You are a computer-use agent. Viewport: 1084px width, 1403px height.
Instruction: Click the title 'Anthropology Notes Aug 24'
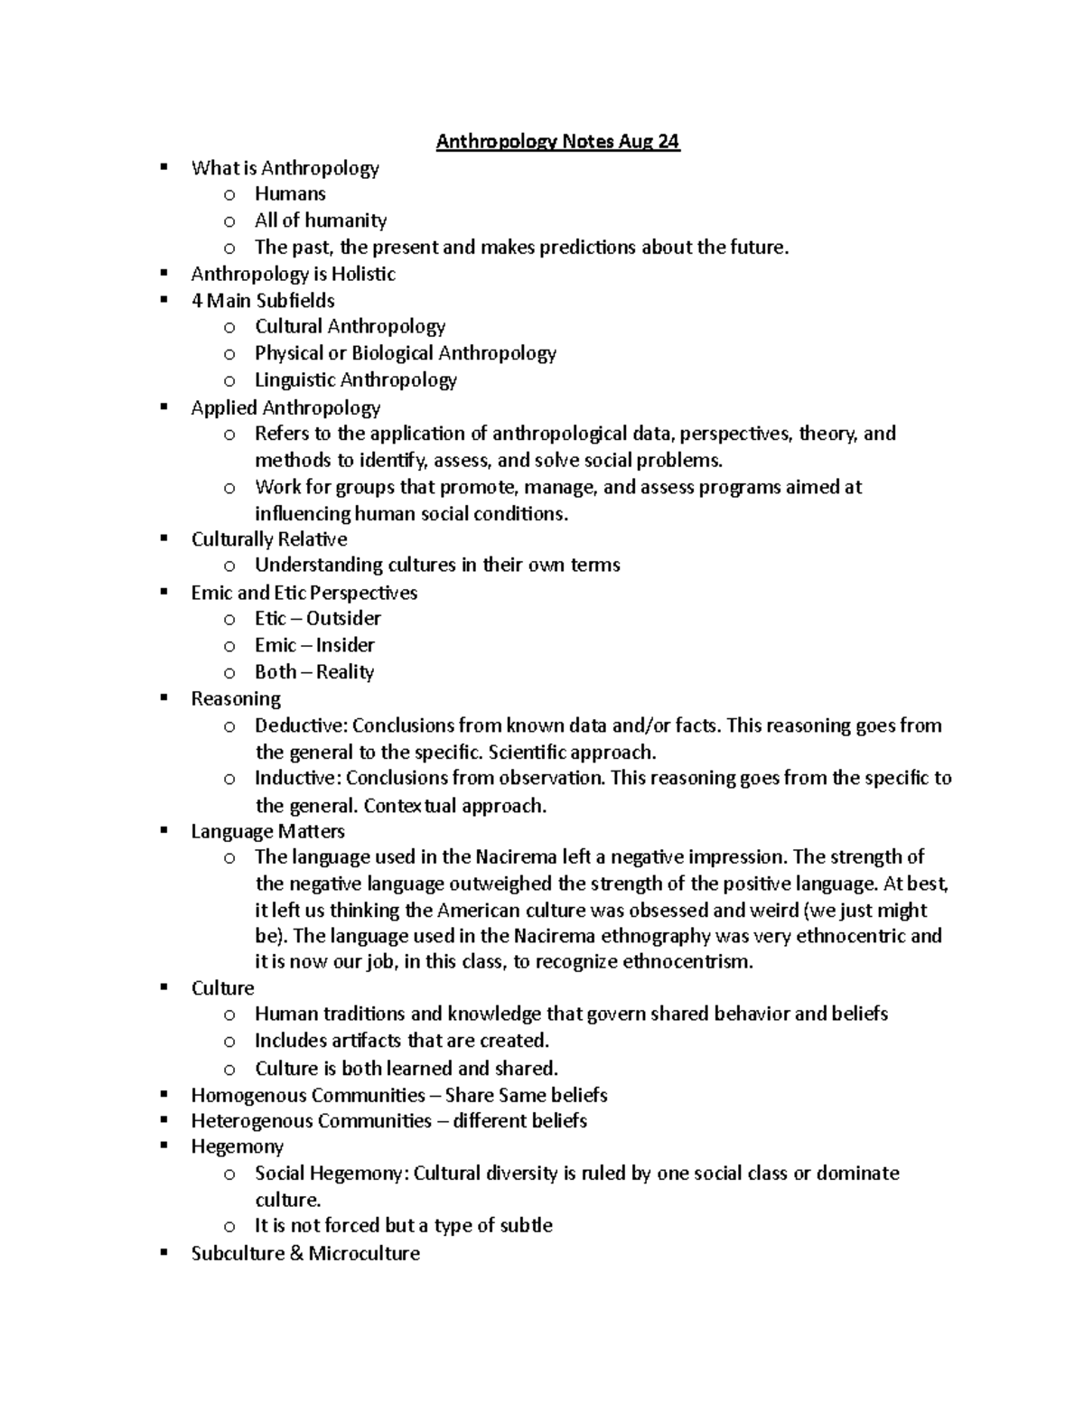[557, 142]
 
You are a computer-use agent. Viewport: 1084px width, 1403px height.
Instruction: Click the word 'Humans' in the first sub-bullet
[290, 194]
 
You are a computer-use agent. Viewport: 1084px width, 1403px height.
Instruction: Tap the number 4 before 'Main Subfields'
[196, 301]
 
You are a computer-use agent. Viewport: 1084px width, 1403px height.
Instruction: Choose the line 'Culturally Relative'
[268, 540]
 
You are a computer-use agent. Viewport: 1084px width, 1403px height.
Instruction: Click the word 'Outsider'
[343, 619]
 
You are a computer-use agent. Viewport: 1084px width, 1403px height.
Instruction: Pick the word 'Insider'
[345, 646]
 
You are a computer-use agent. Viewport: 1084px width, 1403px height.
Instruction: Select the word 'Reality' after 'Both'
[345, 672]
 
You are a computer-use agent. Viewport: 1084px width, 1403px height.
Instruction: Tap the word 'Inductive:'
[297, 779]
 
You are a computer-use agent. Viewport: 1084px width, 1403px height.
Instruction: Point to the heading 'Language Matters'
[267, 831]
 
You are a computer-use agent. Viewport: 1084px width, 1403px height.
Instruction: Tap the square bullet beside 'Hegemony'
[164, 1146]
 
